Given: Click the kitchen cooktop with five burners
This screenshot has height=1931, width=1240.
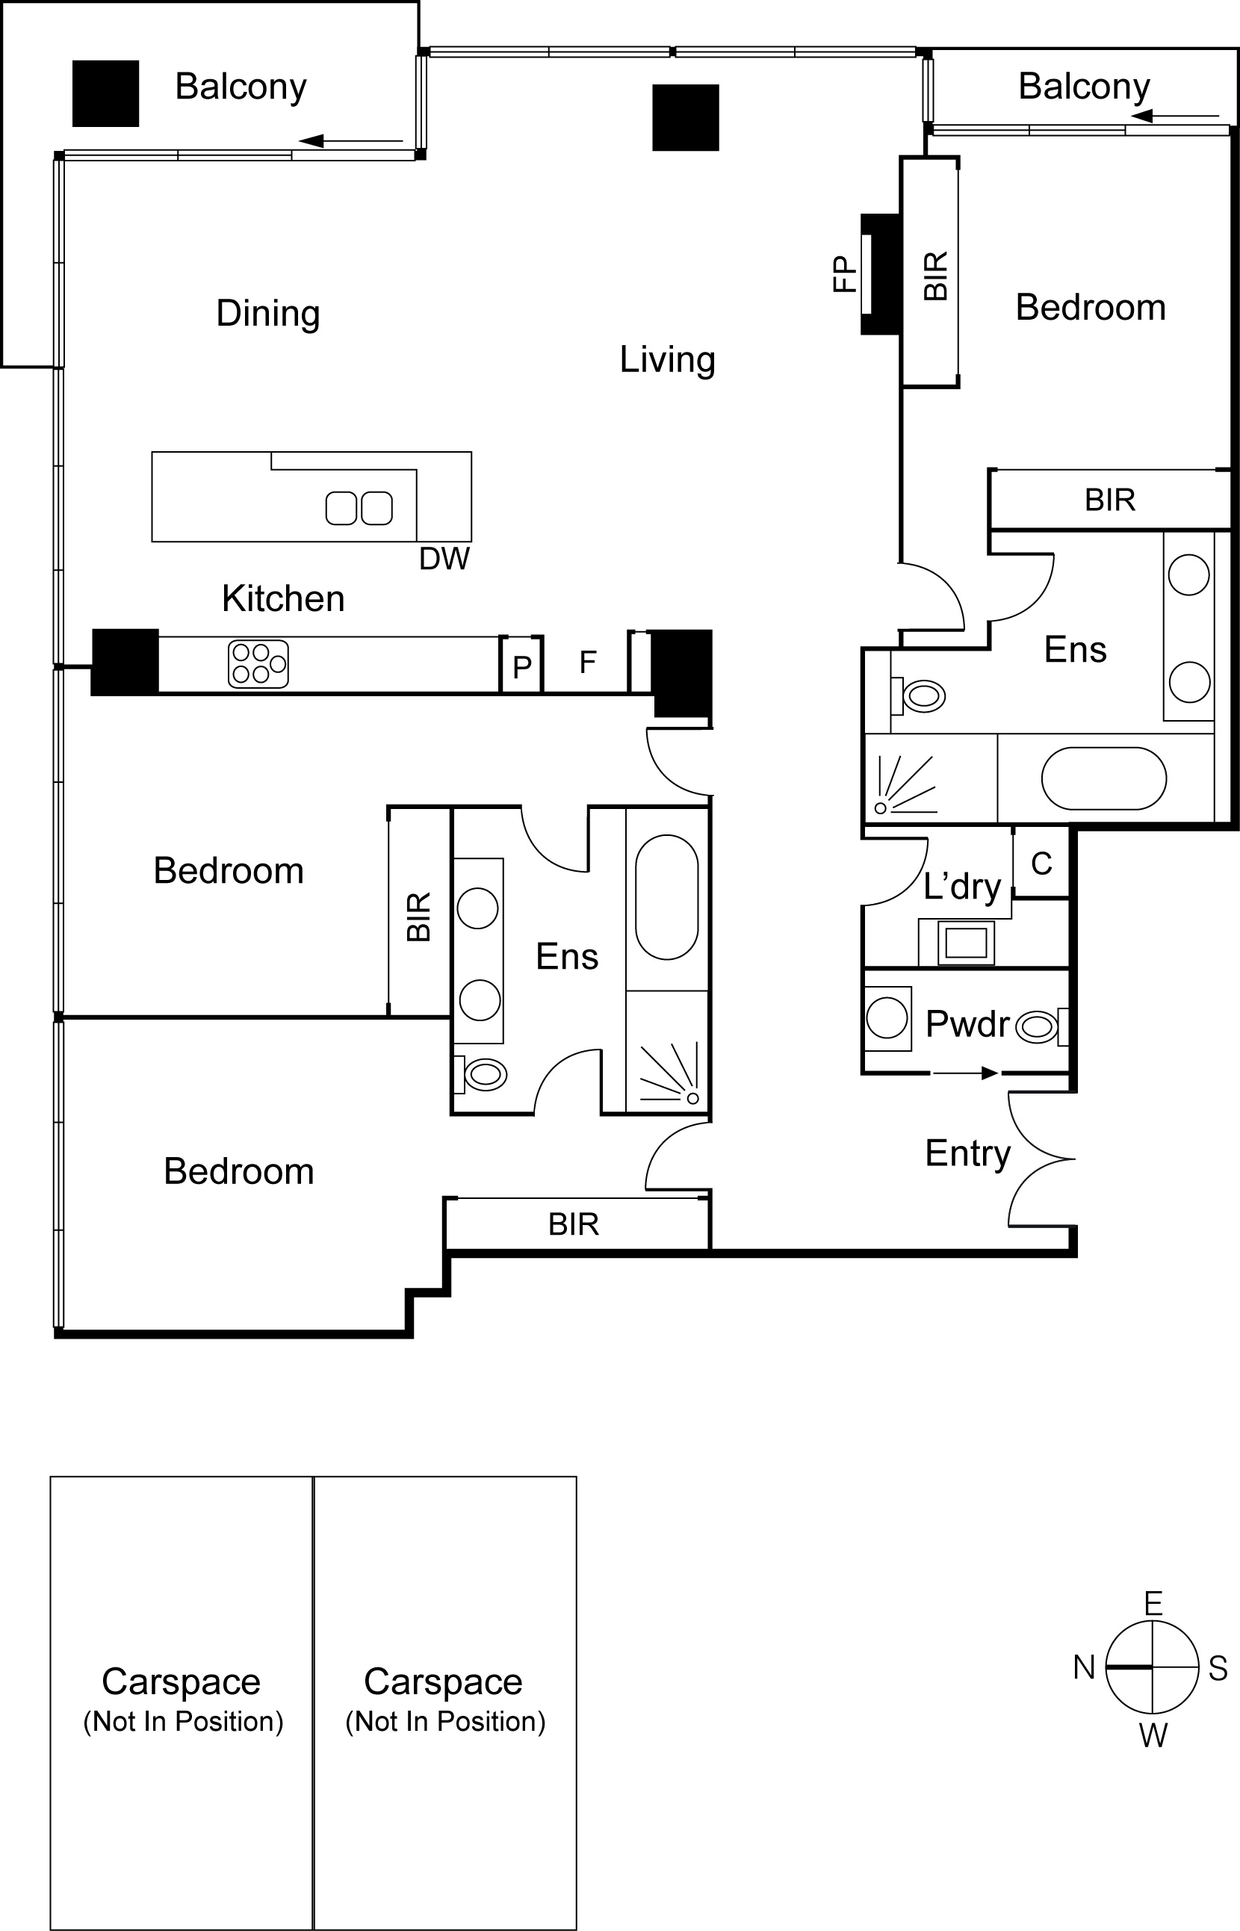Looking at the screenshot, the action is pyautogui.click(x=258, y=664).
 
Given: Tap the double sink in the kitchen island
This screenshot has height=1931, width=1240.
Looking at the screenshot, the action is pyautogui.click(x=359, y=508).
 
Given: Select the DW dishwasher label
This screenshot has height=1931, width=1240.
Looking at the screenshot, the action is pyautogui.click(x=444, y=559).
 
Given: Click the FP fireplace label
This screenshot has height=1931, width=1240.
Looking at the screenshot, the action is pyautogui.click(x=844, y=274).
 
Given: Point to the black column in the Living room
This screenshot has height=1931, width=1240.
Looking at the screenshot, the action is pyautogui.click(x=685, y=117).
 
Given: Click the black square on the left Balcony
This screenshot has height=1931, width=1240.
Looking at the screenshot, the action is pyautogui.click(x=105, y=93).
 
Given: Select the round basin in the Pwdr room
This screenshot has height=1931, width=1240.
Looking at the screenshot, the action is pyautogui.click(x=887, y=1018).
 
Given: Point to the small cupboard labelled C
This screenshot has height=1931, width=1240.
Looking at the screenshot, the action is pyautogui.click(x=1041, y=863).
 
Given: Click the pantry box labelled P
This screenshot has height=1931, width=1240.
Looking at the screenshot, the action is pyautogui.click(x=521, y=665).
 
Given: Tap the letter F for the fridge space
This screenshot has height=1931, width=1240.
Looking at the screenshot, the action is pyautogui.click(x=588, y=663).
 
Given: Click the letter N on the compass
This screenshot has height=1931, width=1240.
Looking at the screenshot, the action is pyautogui.click(x=1084, y=1667).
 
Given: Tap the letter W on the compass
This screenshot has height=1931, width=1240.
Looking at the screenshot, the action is pyautogui.click(x=1153, y=1735).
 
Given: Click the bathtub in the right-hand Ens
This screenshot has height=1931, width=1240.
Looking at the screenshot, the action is pyautogui.click(x=1104, y=778).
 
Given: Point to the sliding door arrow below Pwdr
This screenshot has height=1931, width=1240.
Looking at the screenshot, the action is pyautogui.click(x=965, y=1073).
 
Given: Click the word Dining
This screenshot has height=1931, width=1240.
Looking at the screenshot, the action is pyautogui.click(x=268, y=313).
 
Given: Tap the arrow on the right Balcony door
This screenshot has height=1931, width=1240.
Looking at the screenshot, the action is pyautogui.click(x=1174, y=117).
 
